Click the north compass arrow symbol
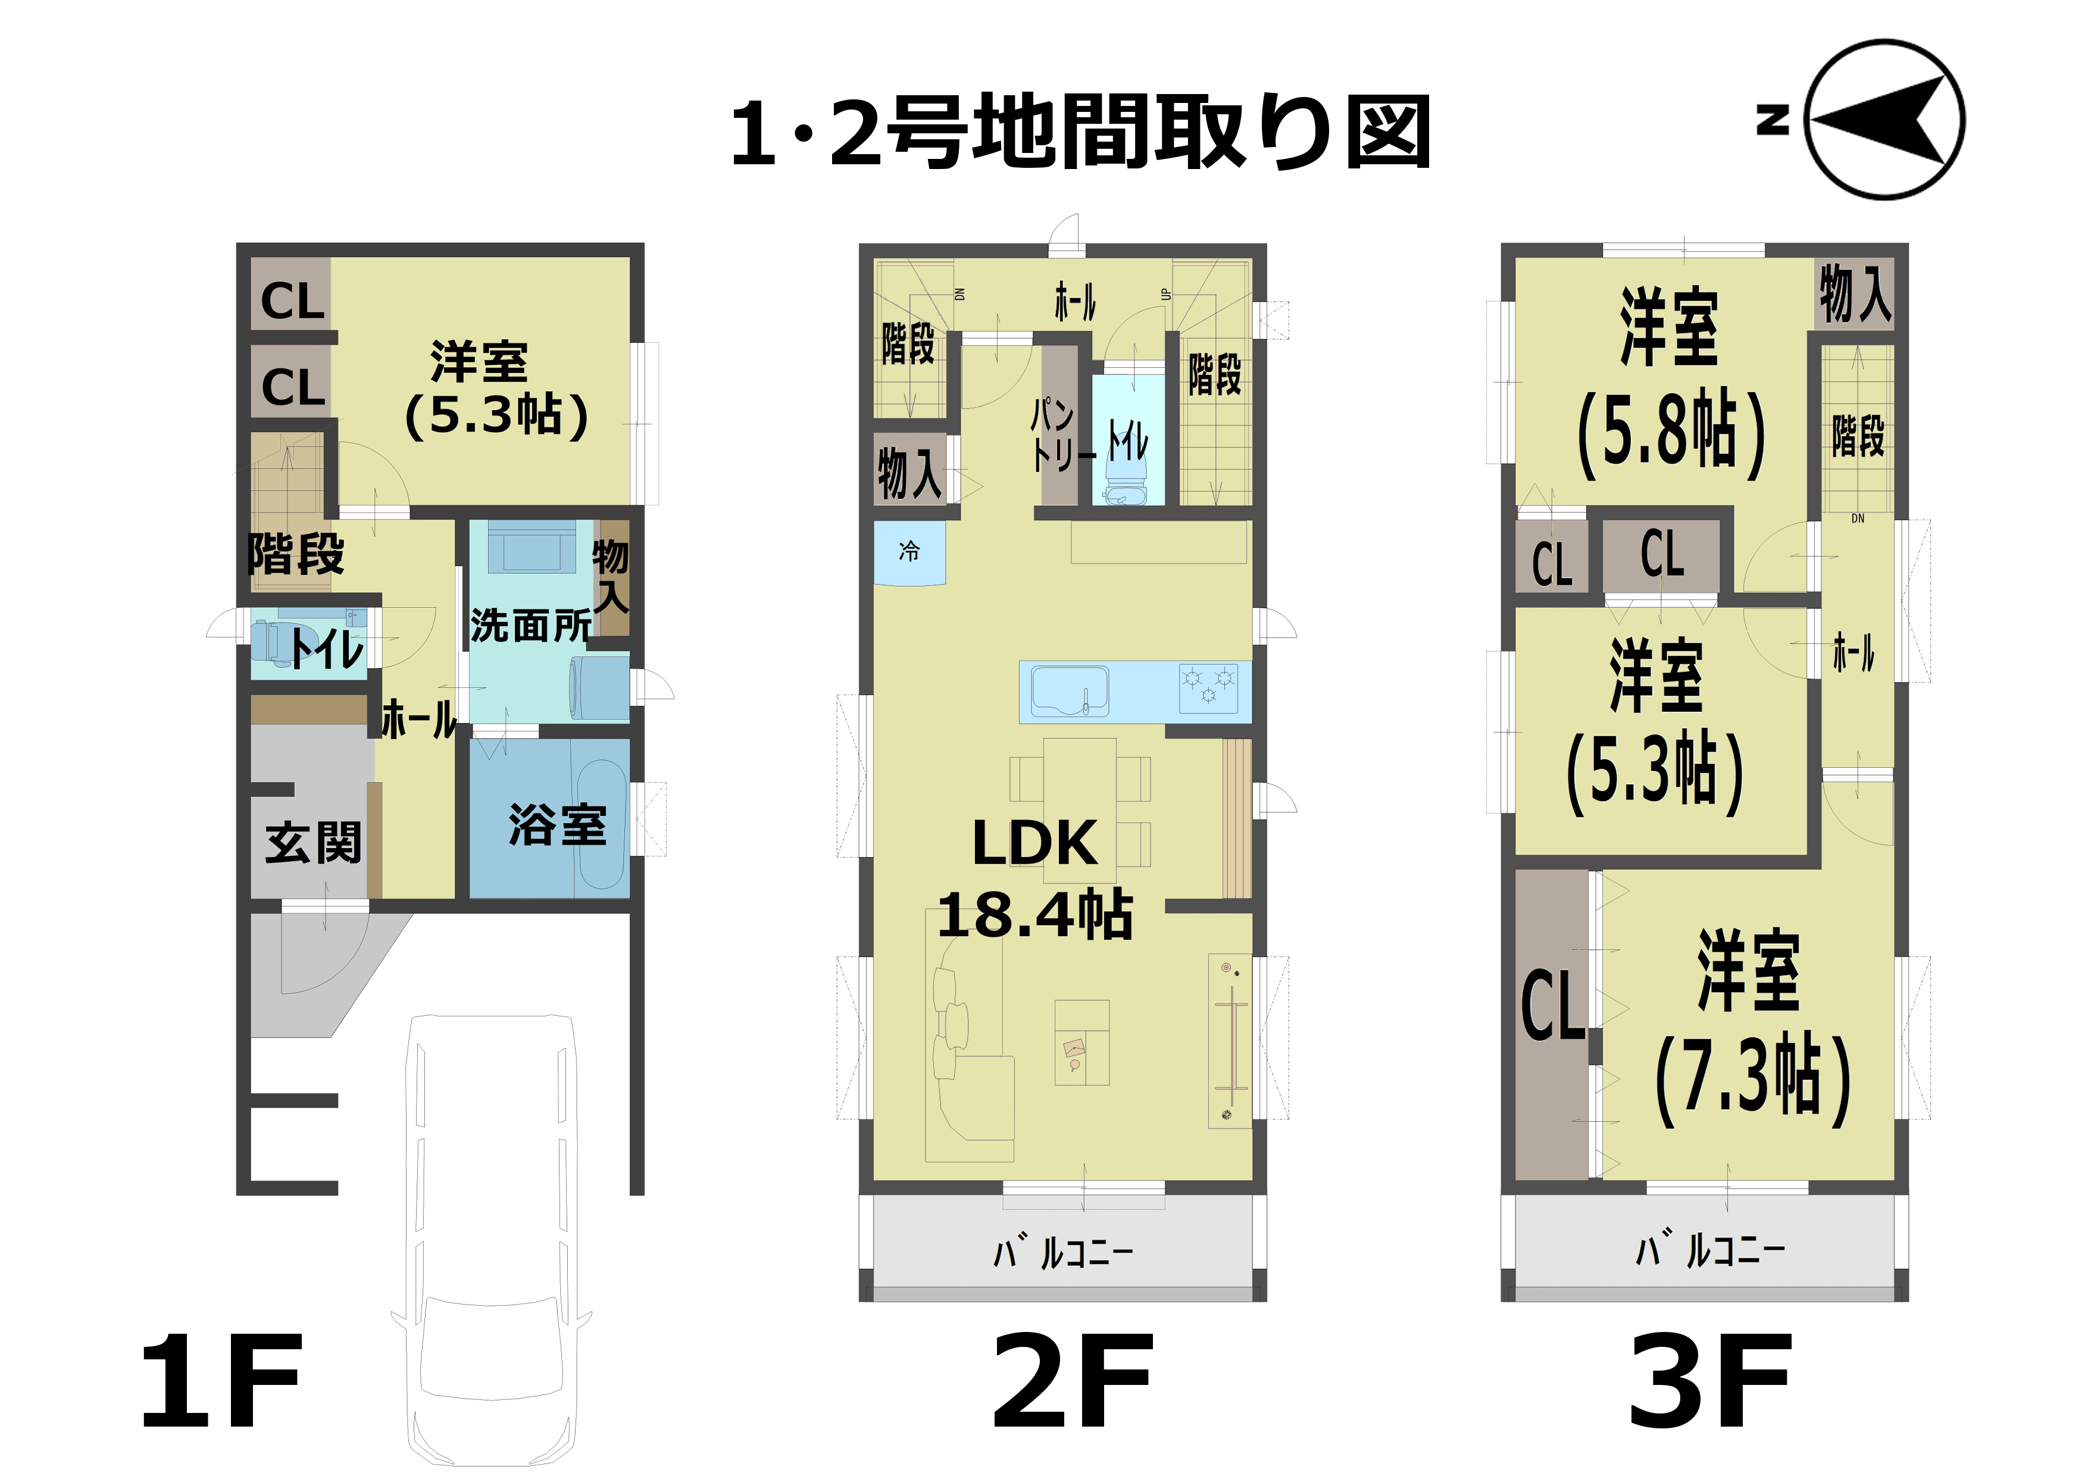(1884, 119)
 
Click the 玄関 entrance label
(313, 842)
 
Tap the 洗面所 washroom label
(531, 626)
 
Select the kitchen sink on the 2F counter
(1070, 692)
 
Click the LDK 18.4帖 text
(1035, 878)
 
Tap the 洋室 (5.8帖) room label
(1671, 382)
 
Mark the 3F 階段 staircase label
(1858, 434)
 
